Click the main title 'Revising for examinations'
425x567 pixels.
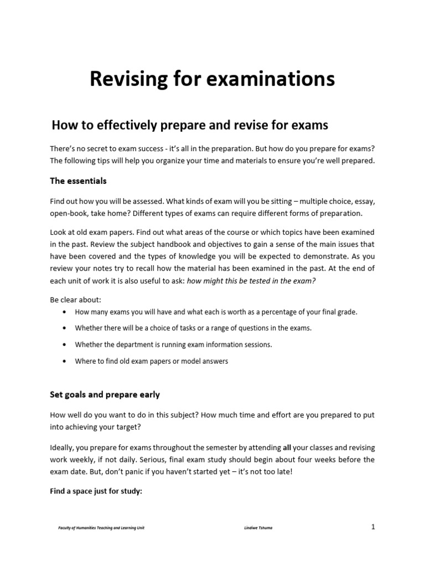coord(212,80)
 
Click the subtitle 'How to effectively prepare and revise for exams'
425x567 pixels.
coord(189,125)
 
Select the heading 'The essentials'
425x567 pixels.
coord(78,181)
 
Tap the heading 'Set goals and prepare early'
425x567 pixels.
coord(105,395)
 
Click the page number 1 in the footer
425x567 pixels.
coord(373,527)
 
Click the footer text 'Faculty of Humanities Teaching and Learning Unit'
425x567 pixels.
coord(102,528)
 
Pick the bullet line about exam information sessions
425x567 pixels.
coord(173,344)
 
